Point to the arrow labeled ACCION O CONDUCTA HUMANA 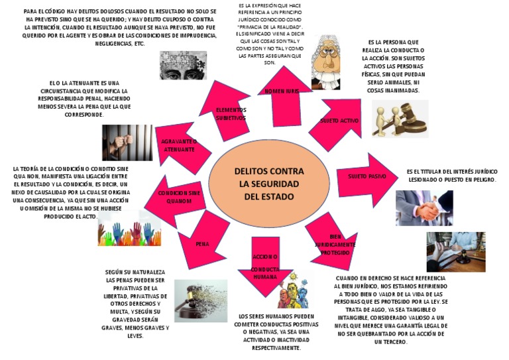[265, 265]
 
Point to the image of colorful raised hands [129, 229]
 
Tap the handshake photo [424, 208]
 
